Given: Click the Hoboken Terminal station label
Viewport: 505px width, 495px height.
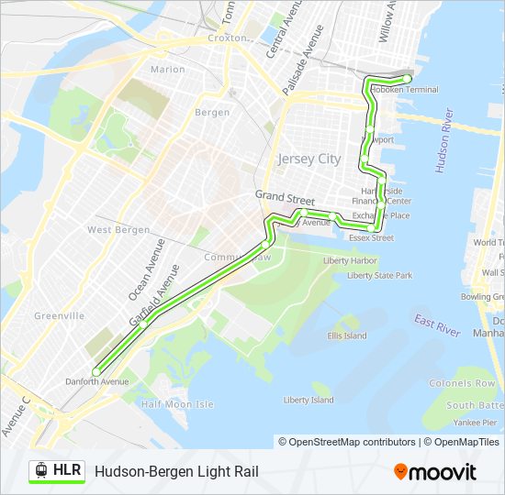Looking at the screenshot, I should coord(411,89).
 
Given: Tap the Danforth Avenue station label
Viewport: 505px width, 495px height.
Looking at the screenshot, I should coord(96,380).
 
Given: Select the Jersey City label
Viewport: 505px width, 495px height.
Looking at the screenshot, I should coord(309,159).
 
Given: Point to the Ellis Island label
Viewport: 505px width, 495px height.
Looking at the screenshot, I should coord(348,335).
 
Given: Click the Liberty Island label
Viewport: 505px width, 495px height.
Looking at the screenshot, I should coord(309,400).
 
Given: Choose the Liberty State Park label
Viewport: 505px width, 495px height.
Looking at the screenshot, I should coord(379,275).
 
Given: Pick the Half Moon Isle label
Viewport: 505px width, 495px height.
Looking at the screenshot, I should coord(177,404).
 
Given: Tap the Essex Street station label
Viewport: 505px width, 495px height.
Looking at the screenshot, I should coord(371,237).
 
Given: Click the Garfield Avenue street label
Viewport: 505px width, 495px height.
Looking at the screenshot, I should coord(154,294).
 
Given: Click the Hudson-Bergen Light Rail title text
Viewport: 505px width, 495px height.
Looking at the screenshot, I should coord(176,472).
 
